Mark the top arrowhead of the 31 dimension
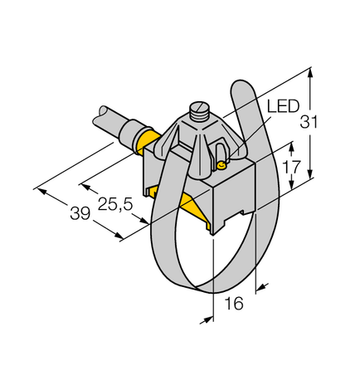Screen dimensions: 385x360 tap(310, 73)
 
